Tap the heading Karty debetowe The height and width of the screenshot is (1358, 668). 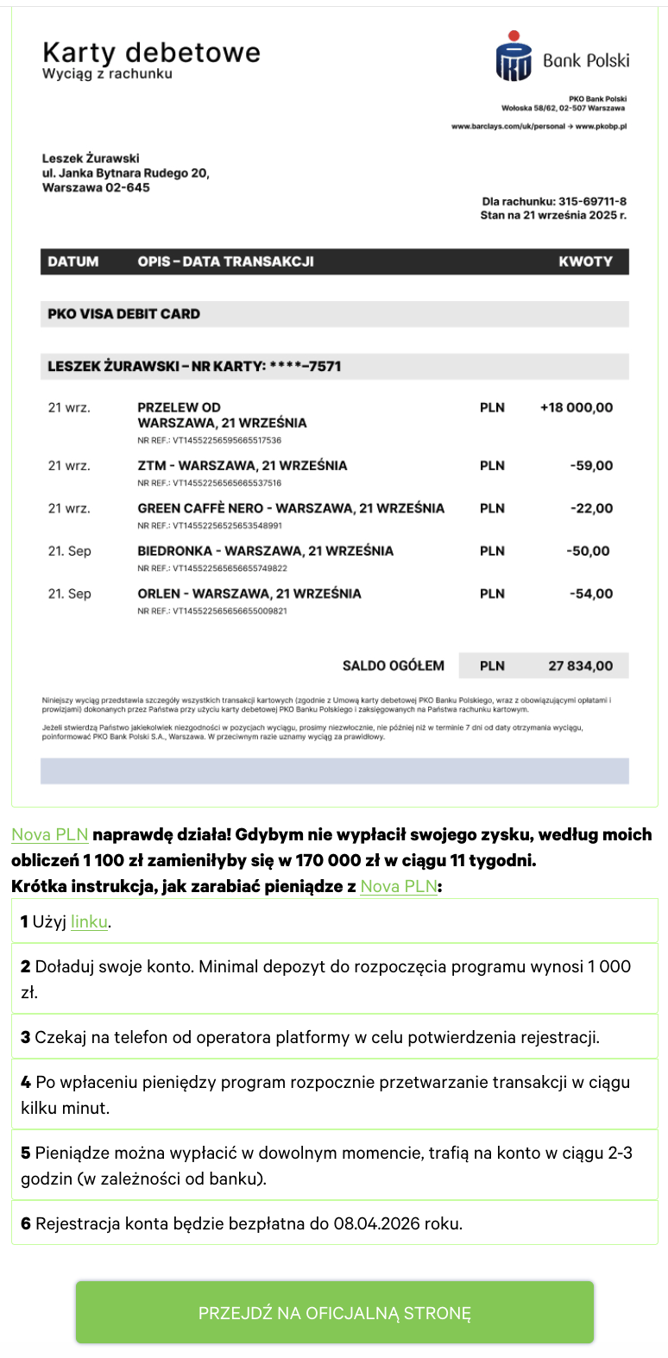[151, 53]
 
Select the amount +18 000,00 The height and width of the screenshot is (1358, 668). [576, 407]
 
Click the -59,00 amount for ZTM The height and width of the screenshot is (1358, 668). [591, 466]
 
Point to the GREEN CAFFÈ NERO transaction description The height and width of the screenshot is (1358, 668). [291, 508]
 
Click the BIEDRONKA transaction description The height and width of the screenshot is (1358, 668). [265, 550]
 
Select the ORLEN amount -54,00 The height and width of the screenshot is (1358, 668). [591, 594]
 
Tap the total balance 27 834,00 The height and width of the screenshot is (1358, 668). [580, 666]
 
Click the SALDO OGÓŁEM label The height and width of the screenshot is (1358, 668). [393, 666]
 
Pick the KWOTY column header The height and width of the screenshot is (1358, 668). [585, 261]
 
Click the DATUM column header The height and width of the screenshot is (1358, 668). [73, 261]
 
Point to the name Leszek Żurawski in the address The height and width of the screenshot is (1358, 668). [91, 159]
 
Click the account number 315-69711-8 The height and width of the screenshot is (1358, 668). [591, 202]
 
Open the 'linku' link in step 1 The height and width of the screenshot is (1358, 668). [89, 921]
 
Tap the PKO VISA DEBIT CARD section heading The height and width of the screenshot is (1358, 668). [123, 314]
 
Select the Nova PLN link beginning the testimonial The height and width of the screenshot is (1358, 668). [50, 834]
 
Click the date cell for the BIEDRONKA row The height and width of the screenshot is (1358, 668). [69, 550]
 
